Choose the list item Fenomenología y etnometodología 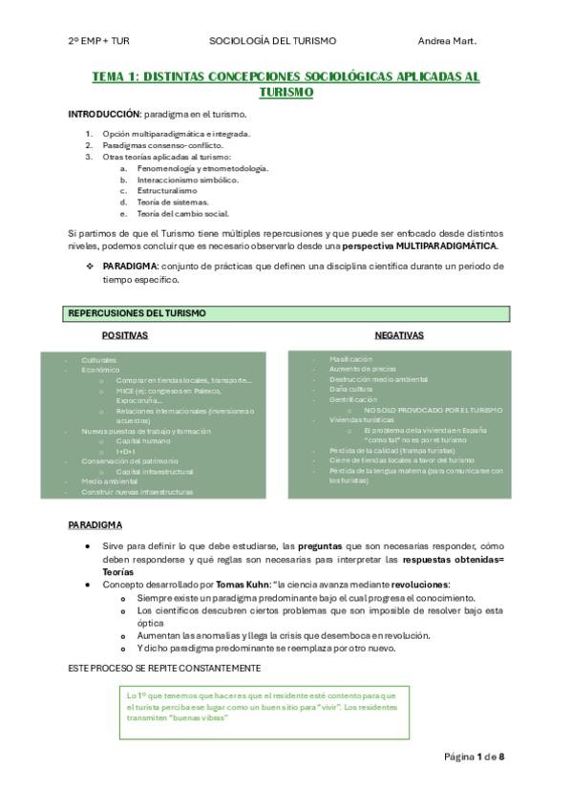coord(188,167)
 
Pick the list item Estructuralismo coord(167,190)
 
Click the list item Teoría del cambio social coord(182,213)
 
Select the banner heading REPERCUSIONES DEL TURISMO coord(137,313)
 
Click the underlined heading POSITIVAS coord(125,335)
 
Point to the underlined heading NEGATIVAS coord(399,335)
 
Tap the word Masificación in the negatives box coord(350,358)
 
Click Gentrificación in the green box coord(354,399)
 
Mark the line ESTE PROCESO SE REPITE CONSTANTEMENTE coord(163,667)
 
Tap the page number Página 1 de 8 coord(474,757)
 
